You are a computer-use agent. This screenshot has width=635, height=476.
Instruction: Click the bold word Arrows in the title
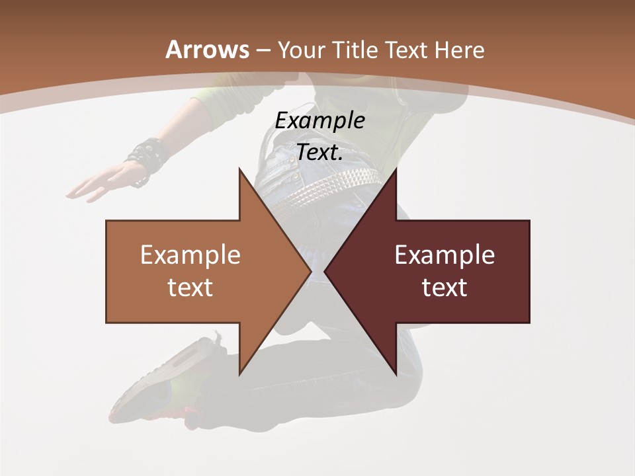[208, 50]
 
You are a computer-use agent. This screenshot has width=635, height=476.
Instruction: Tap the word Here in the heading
[458, 50]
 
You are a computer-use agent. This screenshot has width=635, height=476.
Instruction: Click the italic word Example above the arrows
[320, 121]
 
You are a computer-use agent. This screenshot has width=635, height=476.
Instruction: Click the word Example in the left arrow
[190, 255]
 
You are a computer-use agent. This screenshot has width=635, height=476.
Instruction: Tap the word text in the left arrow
[190, 288]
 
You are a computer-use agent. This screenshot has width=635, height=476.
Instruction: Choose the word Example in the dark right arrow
[444, 255]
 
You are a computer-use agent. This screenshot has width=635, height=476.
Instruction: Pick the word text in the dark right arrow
[444, 288]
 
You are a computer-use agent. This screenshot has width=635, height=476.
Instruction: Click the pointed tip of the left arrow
[310, 271]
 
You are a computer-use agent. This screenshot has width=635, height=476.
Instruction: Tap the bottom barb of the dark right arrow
[396, 372]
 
